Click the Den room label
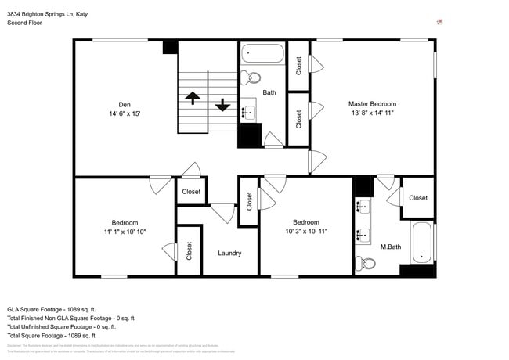pos(125,104)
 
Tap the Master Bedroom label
pos(372,103)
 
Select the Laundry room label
pos(229,253)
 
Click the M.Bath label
pos(391,247)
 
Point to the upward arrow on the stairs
pos(192,99)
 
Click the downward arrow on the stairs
pos(222,104)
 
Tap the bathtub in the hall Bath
pos(262,54)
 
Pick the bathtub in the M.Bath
pos(422,242)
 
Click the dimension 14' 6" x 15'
pos(125,113)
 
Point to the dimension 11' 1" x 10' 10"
pos(125,232)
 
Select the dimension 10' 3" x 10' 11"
pos(305,232)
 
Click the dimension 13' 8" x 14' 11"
pos(372,113)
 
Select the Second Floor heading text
pos(25,23)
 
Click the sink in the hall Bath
pos(247,111)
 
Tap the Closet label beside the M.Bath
pos(418,198)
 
